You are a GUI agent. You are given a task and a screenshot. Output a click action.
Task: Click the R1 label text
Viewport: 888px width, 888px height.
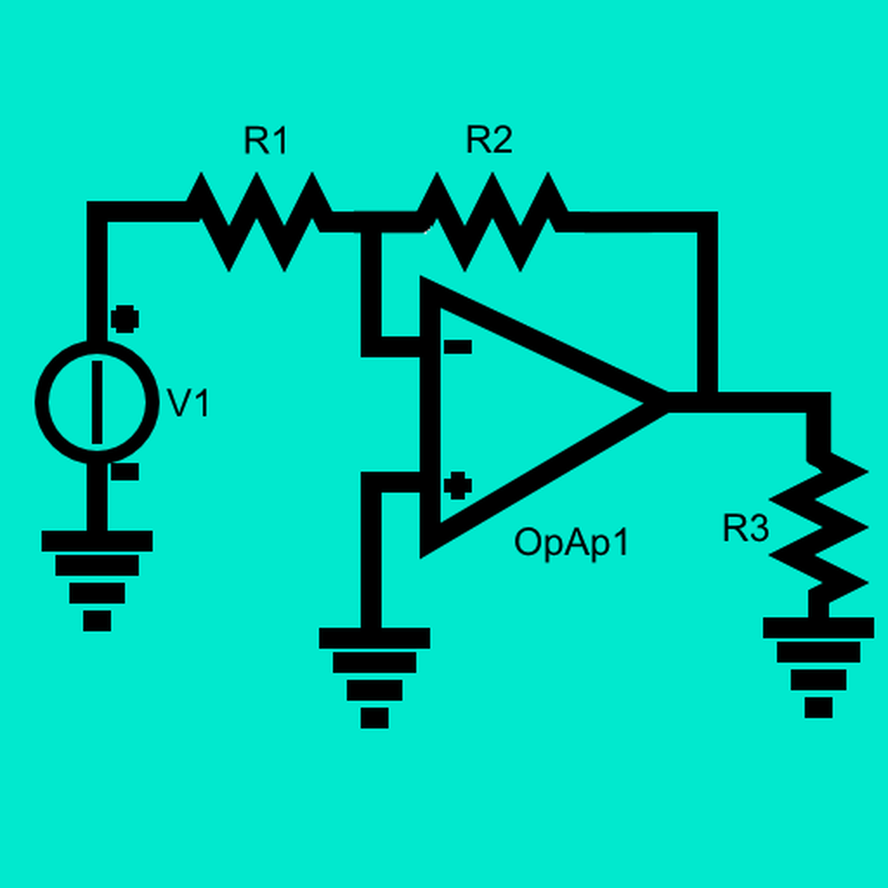tap(265, 140)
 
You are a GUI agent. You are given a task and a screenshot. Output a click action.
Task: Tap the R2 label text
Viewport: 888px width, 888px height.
tap(489, 140)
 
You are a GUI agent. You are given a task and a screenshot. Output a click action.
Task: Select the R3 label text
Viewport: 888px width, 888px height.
tap(746, 528)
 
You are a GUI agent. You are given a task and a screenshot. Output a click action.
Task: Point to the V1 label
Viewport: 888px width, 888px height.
tap(188, 403)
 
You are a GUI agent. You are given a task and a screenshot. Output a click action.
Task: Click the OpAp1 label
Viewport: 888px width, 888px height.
tap(571, 543)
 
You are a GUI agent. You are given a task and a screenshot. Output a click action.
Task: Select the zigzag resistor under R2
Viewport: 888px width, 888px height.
tap(493, 221)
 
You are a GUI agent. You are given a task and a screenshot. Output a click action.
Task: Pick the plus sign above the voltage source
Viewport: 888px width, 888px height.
tap(125, 319)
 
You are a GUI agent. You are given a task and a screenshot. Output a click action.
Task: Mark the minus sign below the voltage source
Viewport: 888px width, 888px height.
tap(125, 472)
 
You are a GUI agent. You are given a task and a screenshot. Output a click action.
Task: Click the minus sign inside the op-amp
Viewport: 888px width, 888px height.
tap(458, 347)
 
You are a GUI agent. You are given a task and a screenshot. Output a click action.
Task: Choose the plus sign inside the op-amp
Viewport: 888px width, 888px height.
tap(458, 486)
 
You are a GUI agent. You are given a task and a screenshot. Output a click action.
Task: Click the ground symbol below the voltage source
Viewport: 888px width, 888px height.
tap(97, 580)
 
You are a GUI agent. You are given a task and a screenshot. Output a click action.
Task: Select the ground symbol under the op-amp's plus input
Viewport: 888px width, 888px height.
tap(375, 678)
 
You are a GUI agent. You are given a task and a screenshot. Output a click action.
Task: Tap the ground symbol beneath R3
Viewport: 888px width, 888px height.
tap(819, 668)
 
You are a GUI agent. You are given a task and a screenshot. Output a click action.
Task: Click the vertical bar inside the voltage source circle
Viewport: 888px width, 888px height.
tap(97, 402)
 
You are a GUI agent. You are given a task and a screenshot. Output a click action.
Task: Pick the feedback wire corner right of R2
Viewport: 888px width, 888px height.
tap(708, 222)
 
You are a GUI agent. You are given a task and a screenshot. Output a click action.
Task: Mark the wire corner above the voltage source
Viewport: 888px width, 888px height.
tap(97, 212)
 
